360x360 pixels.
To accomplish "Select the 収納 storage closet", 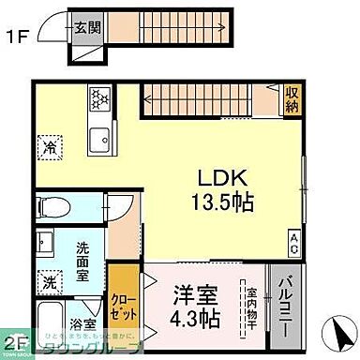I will (x=292, y=97).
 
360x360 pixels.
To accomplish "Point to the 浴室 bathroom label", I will (x=82, y=324).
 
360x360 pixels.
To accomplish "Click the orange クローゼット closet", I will (x=123, y=300).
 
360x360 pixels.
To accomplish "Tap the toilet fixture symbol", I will (x=54, y=206).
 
